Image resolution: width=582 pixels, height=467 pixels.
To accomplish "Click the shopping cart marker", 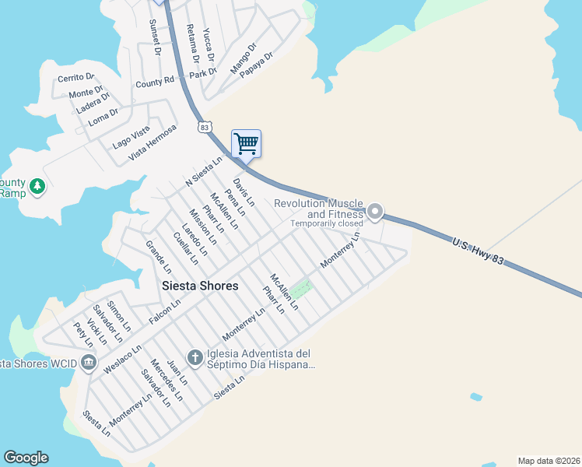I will (x=246, y=143).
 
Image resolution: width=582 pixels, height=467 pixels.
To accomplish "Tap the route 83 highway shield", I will (x=205, y=126).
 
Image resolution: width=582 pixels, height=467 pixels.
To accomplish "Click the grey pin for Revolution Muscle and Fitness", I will (x=375, y=211).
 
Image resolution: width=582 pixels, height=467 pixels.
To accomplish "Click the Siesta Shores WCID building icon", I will (x=88, y=363).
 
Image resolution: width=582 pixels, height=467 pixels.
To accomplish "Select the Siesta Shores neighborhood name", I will (x=200, y=286).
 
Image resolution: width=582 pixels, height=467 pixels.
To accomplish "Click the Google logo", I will (x=26, y=458).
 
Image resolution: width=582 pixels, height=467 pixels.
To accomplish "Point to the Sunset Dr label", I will (x=154, y=37).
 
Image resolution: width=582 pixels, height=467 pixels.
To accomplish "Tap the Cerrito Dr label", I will (x=75, y=78).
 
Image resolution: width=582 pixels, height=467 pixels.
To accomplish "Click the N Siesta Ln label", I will (x=204, y=171).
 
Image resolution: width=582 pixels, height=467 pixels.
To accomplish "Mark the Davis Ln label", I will (x=244, y=190).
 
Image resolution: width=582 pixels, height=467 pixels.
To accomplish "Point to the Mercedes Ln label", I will (x=167, y=380).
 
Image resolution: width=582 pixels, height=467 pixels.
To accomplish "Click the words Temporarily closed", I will (x=327, y=223).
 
